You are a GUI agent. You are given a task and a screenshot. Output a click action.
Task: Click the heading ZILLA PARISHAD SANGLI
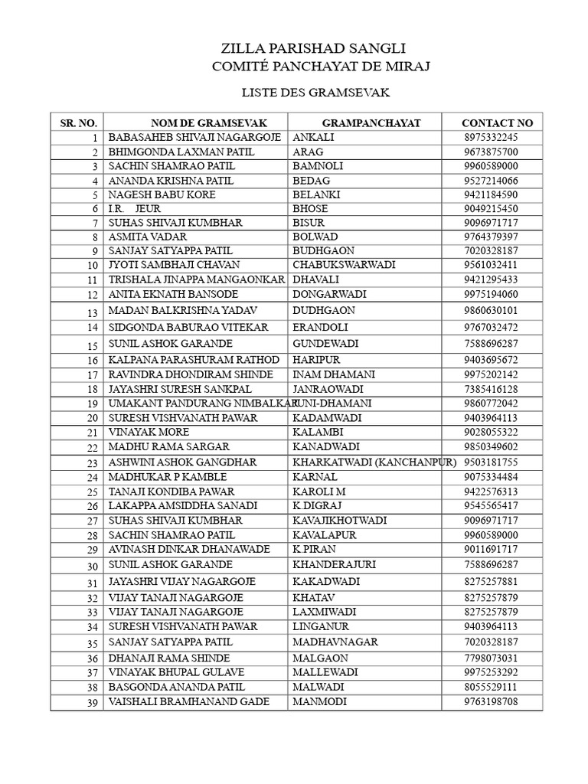[x=313, y=49]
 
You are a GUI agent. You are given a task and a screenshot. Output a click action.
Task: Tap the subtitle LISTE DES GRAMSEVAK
[x=315, y=93]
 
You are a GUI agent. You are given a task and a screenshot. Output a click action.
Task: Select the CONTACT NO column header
[x=497, y=122]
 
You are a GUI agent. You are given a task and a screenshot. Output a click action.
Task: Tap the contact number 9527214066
[x=491, y=181]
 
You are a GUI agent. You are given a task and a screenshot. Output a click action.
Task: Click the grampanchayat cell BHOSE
[x=310, y=208]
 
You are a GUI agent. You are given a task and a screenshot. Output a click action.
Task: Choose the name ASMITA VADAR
[x=148, y=237]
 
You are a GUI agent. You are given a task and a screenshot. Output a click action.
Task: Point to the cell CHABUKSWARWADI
[x=344, y=265]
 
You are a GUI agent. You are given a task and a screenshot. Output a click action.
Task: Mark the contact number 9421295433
[x=491, y=279]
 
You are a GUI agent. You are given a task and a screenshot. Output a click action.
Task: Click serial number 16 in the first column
[x=93, y=361]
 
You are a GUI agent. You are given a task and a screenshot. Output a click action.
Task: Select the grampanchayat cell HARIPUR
[x=316, y=360]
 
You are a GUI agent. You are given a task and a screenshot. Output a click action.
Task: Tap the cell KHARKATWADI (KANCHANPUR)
[x=374, y=462]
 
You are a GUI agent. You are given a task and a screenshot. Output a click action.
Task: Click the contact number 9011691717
[x=491, y=550]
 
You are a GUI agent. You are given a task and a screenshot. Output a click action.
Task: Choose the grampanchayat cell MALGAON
[x=320, y=658]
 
